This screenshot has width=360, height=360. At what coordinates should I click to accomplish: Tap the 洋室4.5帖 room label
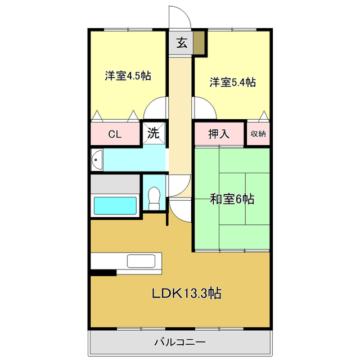point(128,76)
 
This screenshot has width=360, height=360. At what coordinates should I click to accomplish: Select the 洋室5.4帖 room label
point(233,83)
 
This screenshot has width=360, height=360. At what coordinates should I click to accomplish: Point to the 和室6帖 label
point(232,199)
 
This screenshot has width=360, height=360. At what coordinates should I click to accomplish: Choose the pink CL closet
point(115,134)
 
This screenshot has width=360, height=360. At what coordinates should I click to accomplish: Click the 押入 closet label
point(218,134)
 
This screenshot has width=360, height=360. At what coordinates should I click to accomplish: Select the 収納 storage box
point(258,134)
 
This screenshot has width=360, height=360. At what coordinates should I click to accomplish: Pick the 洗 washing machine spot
point(154,134)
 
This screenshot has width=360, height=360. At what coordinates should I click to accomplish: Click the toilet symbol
point(153,195)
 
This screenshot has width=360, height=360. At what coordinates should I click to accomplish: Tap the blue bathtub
point(115,206)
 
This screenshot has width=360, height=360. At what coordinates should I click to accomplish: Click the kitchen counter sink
point(141,261)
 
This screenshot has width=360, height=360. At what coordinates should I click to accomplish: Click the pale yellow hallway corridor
point(181,112)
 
